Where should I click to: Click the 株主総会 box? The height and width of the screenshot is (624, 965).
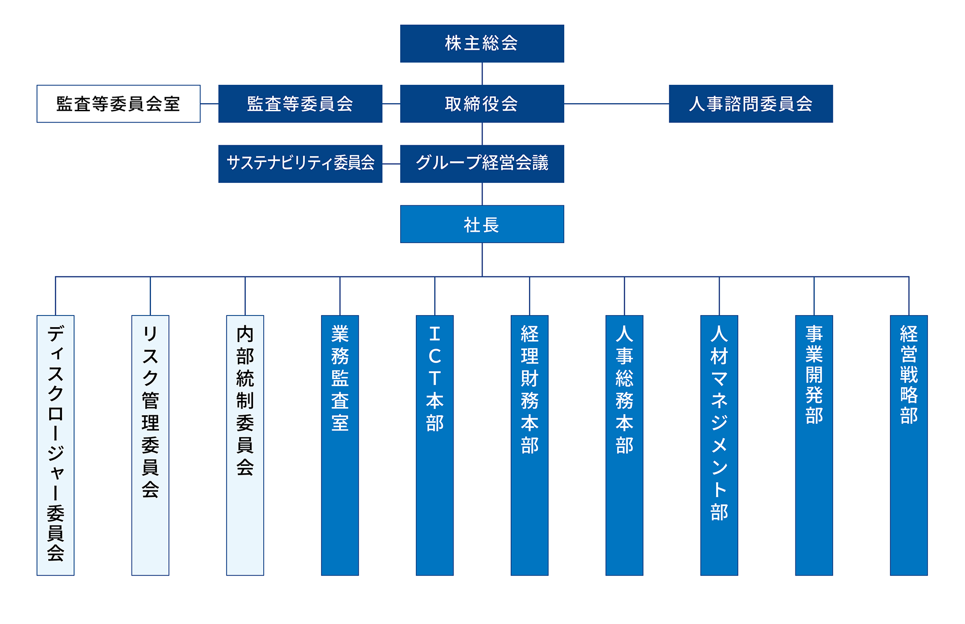pyautogui.click(x=482, y=44)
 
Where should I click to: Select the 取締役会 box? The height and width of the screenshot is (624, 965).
pyautogui.click(x=482, y=104)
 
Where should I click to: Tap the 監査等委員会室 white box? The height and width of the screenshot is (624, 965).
pyautogui.click(x=118, y=104)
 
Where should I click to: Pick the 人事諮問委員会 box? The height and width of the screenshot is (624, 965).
pyautogui.click(x=751, y=104)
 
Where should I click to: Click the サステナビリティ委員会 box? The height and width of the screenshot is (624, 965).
pyautogui.click(x=300, y=164)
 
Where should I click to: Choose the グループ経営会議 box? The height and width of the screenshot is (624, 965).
pyautogui.click(x=482, y=164)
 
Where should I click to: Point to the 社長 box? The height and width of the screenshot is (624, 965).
pyautogui.click(x=482, y=224)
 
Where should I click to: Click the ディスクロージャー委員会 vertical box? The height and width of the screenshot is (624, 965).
pyautogui.click(x=55, y=445)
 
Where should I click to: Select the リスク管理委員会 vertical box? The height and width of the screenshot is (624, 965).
pyautogui.click(x=150, y=445)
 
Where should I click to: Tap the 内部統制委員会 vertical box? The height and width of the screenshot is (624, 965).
pyautogui.click(x=245, y=445)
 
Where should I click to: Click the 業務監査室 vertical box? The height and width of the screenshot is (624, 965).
pyautogui.click(x=340, y=445)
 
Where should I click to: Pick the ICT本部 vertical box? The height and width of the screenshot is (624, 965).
pyautogui.click(x=435, y=445)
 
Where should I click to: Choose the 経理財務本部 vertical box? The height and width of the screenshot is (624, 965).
pyautogui.click(x=530, y=445)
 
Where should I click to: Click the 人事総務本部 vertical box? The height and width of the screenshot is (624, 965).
pyautogui.click(x=624, y=445)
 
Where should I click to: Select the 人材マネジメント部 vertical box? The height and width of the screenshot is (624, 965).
pyautogui.click(x=719, y=445)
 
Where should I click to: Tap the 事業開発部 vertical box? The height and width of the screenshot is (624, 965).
pyautogui.click(x=814, y=445)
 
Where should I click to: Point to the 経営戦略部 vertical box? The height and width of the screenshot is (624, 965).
pyautogui.click(x=909, y=445)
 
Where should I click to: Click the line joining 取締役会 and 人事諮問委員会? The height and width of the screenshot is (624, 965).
pyautogui.click(x=617, y=104)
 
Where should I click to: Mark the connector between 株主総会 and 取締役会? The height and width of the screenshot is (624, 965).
pyautogui.click(x=482, y=74)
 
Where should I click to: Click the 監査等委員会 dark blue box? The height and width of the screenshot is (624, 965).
pyautogui.click(x=300, y=104)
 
